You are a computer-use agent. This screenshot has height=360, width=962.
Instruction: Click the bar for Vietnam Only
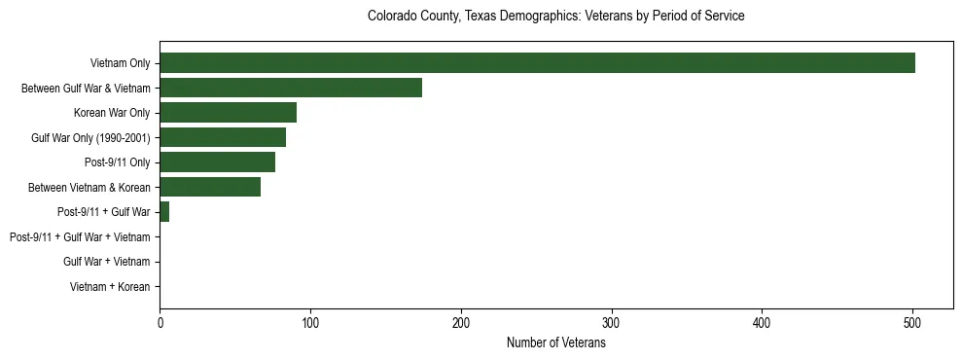click(537, 63)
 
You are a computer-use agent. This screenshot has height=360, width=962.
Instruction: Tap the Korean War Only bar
click(228, 113)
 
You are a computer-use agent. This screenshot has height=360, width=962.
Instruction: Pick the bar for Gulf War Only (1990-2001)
click(223, 137)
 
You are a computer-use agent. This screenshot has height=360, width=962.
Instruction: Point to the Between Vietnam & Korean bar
click(210, 187)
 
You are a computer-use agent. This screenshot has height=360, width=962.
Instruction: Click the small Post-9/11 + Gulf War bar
click(164, 212)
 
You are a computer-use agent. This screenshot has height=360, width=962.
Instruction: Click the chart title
click(555, 17)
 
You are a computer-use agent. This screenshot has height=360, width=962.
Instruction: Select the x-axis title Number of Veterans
click(555, 343)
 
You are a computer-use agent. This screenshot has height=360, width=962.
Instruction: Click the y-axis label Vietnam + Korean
click(110, 287)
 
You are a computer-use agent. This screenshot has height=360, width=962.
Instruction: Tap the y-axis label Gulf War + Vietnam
click(106, 262)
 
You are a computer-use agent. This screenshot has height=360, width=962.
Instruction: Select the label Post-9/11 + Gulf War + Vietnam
click(80, 236)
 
